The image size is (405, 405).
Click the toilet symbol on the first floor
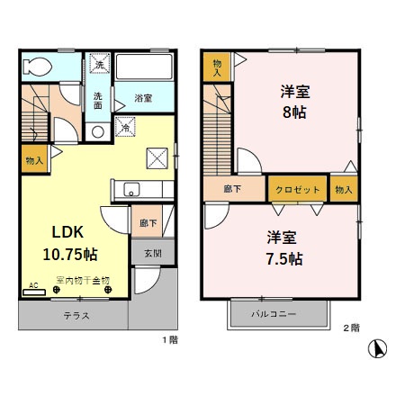[38, 67]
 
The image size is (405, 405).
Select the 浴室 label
[143, 98]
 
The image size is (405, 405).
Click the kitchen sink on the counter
[131, 190]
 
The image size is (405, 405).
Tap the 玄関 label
[152, 253]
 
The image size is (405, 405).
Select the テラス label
[76, 316]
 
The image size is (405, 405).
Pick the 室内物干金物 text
[83, 280]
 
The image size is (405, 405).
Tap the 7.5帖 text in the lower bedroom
[283, 258]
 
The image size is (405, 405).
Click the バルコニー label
[276, 314]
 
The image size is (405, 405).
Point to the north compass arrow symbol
[380, 346]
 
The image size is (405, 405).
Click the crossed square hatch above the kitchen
[158, 158]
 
